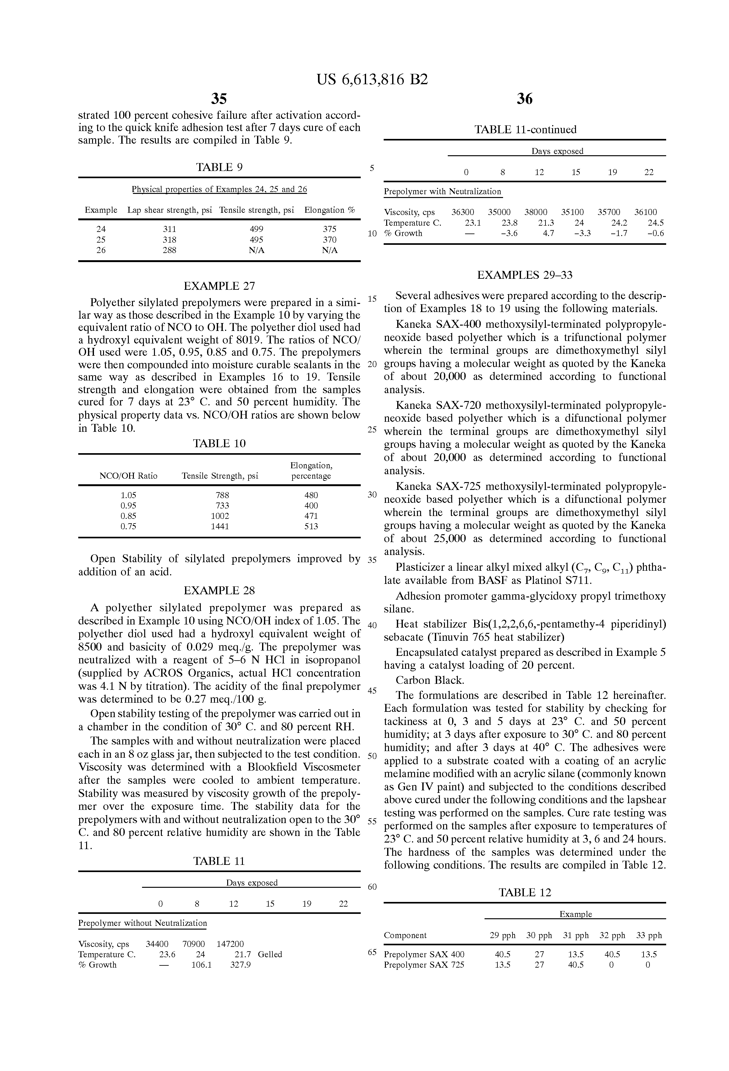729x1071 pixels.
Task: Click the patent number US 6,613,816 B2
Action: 372,80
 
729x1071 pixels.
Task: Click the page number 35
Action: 219,99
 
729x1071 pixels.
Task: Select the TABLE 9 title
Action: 219,167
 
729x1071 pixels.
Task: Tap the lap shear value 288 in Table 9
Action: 170,250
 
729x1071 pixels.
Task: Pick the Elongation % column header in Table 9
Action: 330,210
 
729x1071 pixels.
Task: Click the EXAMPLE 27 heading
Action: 219,286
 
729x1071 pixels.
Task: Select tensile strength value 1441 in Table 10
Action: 220,526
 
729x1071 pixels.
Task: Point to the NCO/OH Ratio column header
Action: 129,476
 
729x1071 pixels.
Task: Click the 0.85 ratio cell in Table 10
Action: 129,516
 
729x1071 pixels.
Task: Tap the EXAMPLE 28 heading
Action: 219,591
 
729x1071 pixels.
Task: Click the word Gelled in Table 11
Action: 270,954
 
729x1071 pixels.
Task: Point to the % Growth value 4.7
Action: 548,233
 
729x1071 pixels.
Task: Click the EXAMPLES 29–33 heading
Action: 525,276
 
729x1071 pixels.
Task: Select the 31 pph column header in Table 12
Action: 576,936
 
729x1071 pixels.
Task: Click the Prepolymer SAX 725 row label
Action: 424,965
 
